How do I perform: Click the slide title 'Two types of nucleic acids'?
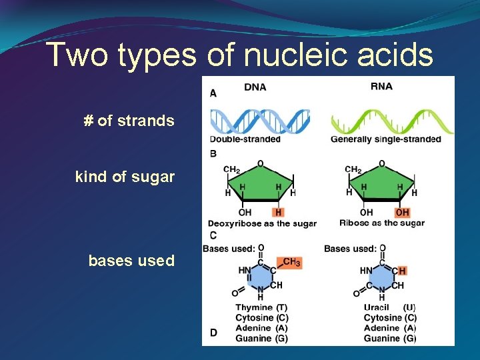click(240, 55)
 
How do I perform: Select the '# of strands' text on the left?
click(129, 121)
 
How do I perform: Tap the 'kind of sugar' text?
click(125, 177)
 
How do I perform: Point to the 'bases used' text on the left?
click(131, 261)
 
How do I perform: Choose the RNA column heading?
click(381, 87)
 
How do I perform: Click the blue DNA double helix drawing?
click(259, 121)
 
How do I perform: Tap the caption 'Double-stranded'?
click(245, 139)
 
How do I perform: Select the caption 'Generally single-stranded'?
click(386, 139)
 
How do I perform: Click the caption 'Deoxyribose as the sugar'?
click(262, 223)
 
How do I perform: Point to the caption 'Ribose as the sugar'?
click(382, 223)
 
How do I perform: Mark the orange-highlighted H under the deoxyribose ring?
click(279, 212)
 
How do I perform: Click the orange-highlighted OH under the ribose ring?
click(402, 212)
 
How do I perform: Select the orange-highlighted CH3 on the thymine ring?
click(291, 263)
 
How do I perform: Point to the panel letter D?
click(213, 332)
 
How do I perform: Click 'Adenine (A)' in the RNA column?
click(390, 328)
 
